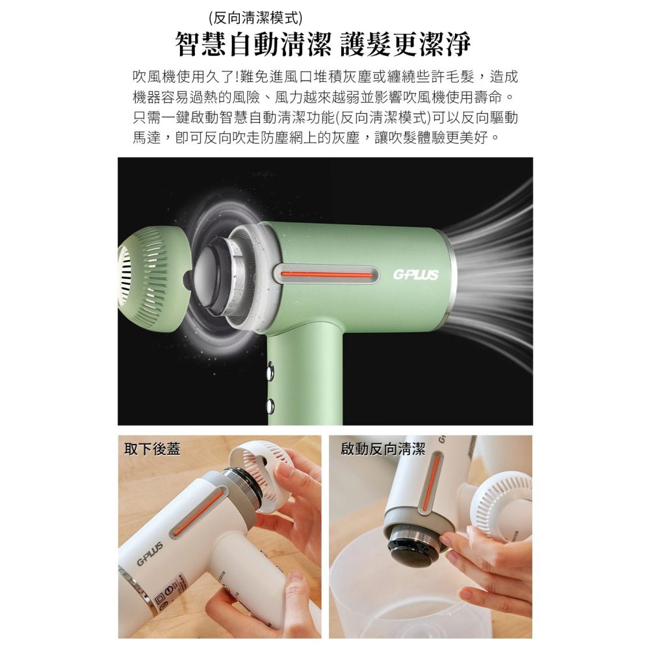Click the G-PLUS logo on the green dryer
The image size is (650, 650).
point(415,274)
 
